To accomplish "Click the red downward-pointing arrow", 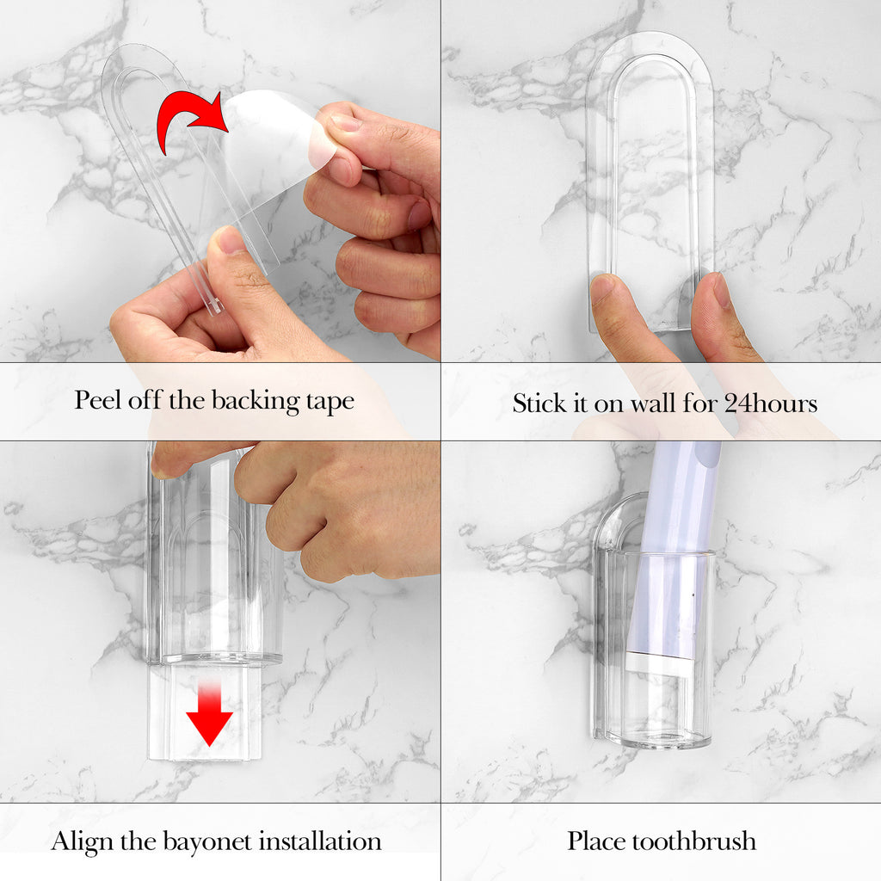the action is pyautogui.click(x=210, y=712).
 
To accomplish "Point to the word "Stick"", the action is pyautogui.click(x=539, y=403).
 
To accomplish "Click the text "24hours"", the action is pyautogui.click(x=770, y=403).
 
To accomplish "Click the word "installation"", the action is pyautogui.click(x=320, y=841).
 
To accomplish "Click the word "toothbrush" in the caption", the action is pyautogui.click(x=693, y=841).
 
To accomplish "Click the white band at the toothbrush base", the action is pyautogui.click(x=658, y=663).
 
